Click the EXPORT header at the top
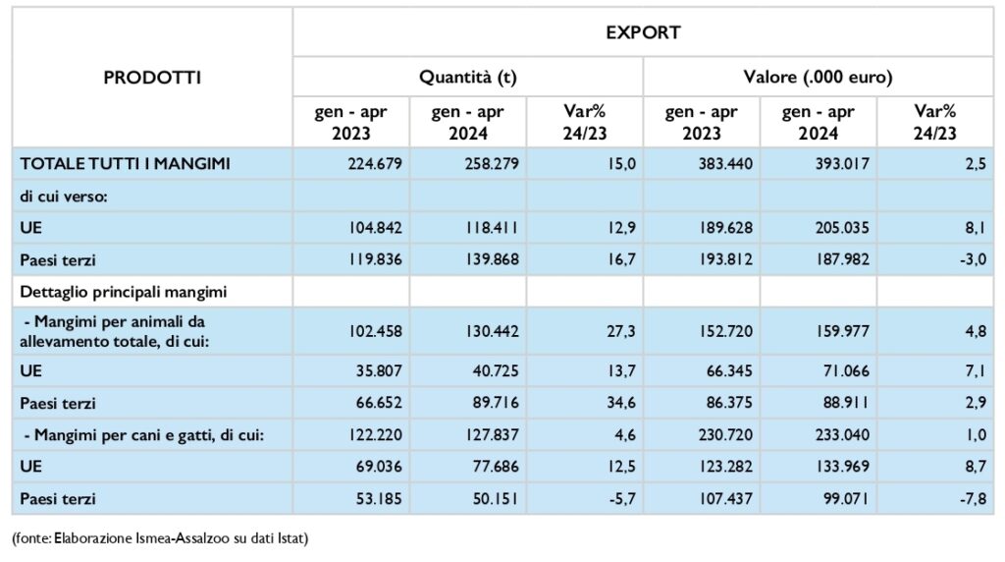tap(643, 32)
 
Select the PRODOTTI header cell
tap(152, 78)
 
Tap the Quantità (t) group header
tap(468, 77)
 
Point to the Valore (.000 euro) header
tap(818, 77)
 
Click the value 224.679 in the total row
tap(375, 164)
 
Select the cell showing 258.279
tap(492, 164)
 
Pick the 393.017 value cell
tap(842, 164)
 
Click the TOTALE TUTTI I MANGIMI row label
tap(125, 164)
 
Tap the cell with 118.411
tap(492, 228)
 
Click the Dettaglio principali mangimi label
tap(123, 292)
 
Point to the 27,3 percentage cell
tap(620, 331)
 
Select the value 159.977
tap(842, 331)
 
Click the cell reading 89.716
tap(496, 403)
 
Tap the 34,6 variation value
tap(620, 403)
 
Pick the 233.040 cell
tap(842, 435)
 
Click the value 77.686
tap(496, 467)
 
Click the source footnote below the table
tap(160, 537)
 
